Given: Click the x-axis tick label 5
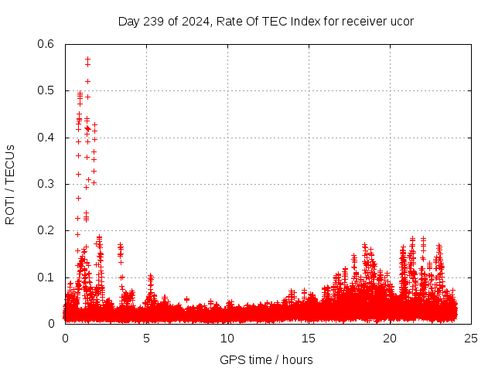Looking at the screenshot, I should (x=146, y=338).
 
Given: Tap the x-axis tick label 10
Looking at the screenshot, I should (x=227, y=338).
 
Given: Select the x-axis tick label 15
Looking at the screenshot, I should (x=309, y=338).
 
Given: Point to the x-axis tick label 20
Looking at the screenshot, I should (x=390, y=338).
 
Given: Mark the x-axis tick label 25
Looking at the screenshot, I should (x=471, y=338).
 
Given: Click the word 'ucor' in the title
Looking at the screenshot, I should (x=401, y=21).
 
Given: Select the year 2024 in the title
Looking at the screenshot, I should (x=193, y=21).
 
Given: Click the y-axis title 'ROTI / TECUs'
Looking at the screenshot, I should (x=10, y=184).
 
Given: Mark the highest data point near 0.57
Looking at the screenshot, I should (x=87, y=59).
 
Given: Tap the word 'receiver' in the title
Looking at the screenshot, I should (x=362, y=21).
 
